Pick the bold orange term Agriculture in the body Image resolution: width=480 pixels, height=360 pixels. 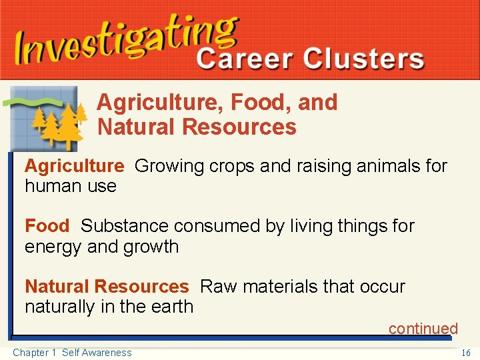pos(74,166)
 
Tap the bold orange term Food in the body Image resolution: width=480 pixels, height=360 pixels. pos(47,226)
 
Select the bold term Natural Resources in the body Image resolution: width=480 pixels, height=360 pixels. pos(107,287)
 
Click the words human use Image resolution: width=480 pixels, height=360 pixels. pos(71,186)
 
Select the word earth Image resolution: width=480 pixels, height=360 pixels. pos(172,307)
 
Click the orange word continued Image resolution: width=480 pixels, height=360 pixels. pos(423,329)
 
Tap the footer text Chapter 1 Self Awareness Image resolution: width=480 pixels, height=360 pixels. pos(72,353)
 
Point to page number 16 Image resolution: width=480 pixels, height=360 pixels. pos(466,353)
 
